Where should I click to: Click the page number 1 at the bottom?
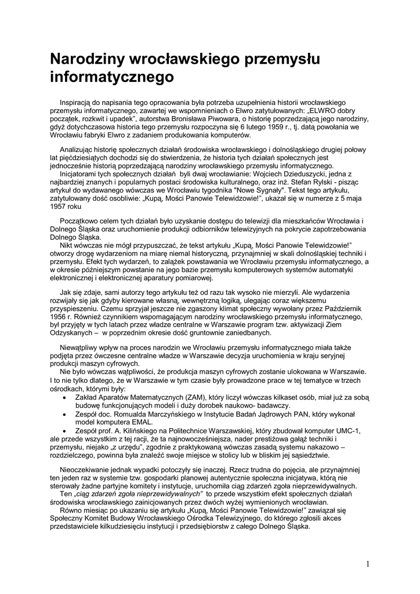pos(368,563)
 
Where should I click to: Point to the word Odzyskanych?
pos(73,334)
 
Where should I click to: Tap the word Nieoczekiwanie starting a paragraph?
pos(89,469)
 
